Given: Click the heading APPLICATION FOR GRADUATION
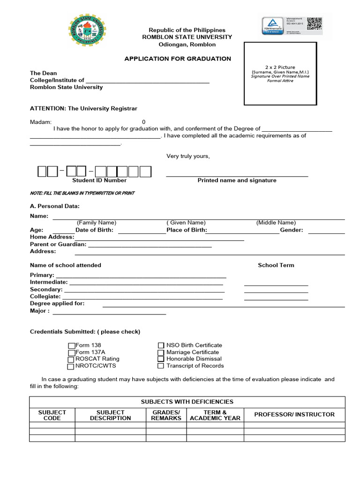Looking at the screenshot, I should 177,59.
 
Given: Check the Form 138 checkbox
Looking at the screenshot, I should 72,346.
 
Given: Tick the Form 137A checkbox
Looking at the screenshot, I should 72,352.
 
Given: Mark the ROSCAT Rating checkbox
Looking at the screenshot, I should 72,360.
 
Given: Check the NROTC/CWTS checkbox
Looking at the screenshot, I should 71,367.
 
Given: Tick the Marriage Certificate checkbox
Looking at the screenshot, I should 161,352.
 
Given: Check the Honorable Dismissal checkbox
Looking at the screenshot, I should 161,359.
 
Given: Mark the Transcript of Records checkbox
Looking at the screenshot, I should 161,366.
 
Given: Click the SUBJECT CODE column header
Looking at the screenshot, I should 52,415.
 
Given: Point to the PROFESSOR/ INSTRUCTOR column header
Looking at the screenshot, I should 294,414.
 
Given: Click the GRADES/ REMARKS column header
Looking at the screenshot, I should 166,415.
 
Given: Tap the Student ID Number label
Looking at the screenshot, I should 99,180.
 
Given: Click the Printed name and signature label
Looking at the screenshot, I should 237,180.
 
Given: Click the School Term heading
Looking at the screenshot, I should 276,265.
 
